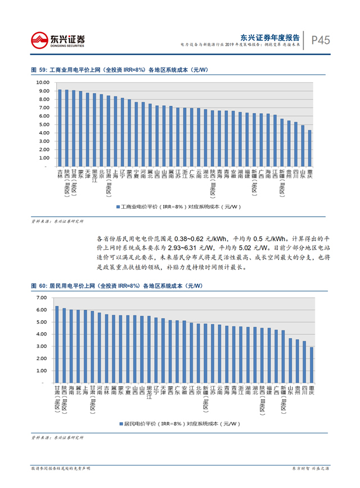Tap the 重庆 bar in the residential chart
pos(311,365)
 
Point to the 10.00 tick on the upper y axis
pos(43,82)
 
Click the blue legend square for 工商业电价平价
pos(118,207)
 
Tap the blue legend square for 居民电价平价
pos(120,423)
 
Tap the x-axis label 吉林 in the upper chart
pos(60,173)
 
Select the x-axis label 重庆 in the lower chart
pos(311,389)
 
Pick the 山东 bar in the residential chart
pos(290,361)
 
